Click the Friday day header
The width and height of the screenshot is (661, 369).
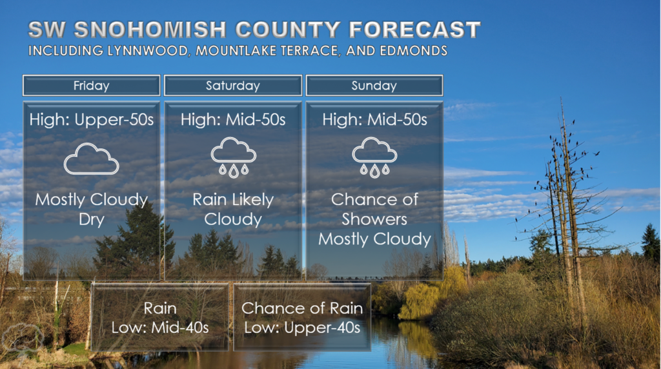click(92, 86)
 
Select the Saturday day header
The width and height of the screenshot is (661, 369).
click(233, 86)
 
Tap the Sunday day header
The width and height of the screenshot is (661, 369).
click(374, 86)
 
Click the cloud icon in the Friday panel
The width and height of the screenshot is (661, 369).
click(92, 159)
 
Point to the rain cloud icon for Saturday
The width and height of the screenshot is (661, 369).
click(233, 157)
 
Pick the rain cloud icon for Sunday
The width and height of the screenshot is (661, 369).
click(374, 157)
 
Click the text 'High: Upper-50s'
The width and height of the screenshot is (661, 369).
click(92, 120)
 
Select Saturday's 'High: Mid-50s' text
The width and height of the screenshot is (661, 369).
click(233, 119)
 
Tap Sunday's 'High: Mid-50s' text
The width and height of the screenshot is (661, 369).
click(374, 119)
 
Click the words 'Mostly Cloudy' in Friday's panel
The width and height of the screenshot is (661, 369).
click(92, 200)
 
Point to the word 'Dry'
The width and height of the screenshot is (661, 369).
click(92, 220)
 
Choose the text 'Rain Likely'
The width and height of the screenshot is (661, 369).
click(233, 200)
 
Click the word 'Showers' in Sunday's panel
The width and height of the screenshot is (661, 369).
click(374, 219)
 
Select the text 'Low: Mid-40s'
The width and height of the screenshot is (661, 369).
click(160, 328)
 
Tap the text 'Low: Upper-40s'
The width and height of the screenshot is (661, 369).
click(302, 328)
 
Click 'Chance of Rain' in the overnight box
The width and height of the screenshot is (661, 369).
click(302, 308)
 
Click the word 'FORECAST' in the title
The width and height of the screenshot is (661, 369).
click(415, 30)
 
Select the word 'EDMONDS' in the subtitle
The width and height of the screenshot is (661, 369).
click(414, 51)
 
